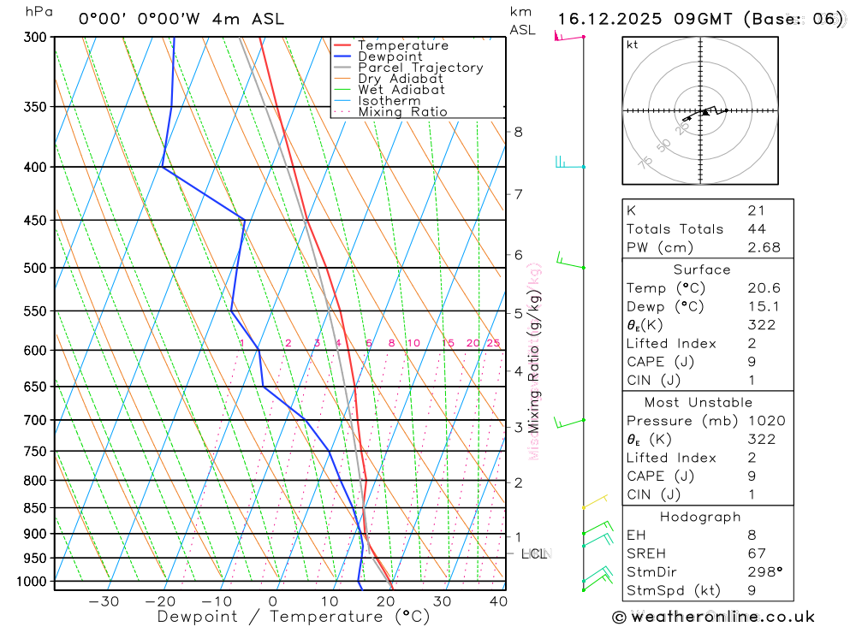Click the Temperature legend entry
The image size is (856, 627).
(402, 45)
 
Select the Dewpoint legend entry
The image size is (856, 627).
(389, 56)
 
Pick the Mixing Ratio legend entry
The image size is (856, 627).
(402, 112)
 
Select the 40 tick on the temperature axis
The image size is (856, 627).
(497, 601)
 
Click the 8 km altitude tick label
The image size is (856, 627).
(518, 132)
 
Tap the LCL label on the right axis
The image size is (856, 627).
(533, 554)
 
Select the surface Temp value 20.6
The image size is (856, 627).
(764, 288)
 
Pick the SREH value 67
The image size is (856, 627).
(756, 553)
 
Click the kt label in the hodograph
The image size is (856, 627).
(632, 45)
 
